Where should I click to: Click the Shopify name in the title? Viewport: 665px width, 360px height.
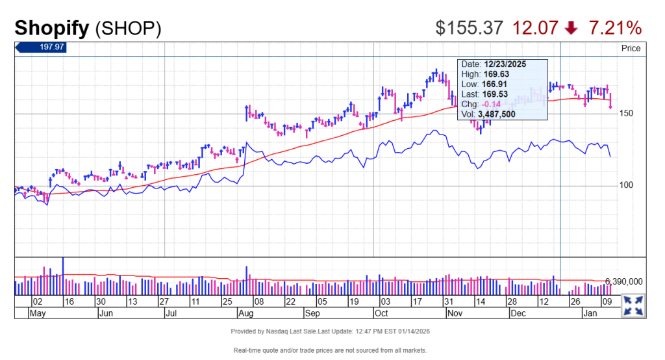[x=52, y=28]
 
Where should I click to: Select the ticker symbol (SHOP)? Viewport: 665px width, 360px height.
[x=128, y=28]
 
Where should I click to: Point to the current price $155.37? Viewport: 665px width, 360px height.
[x=469, y=28]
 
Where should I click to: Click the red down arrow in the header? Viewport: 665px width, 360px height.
[x=571, y=28]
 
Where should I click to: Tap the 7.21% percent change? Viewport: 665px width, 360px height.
[x=615, y=28]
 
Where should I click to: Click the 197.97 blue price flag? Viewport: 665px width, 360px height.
[x=41, y=47]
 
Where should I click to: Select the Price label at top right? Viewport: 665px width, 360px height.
[x=631, y=48]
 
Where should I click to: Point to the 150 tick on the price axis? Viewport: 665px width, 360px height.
[x=627, y=114]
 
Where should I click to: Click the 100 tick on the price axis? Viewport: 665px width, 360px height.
[x=627, y=185]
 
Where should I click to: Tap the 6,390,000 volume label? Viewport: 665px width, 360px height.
[x=623, y=281]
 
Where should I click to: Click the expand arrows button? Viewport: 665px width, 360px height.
[x=633, y=305]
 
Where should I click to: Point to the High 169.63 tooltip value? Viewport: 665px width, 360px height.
[x=494, y=74]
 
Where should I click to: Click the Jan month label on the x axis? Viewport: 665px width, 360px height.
[x=590, y=313]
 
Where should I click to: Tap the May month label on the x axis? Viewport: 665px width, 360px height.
[x=38, y=313]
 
